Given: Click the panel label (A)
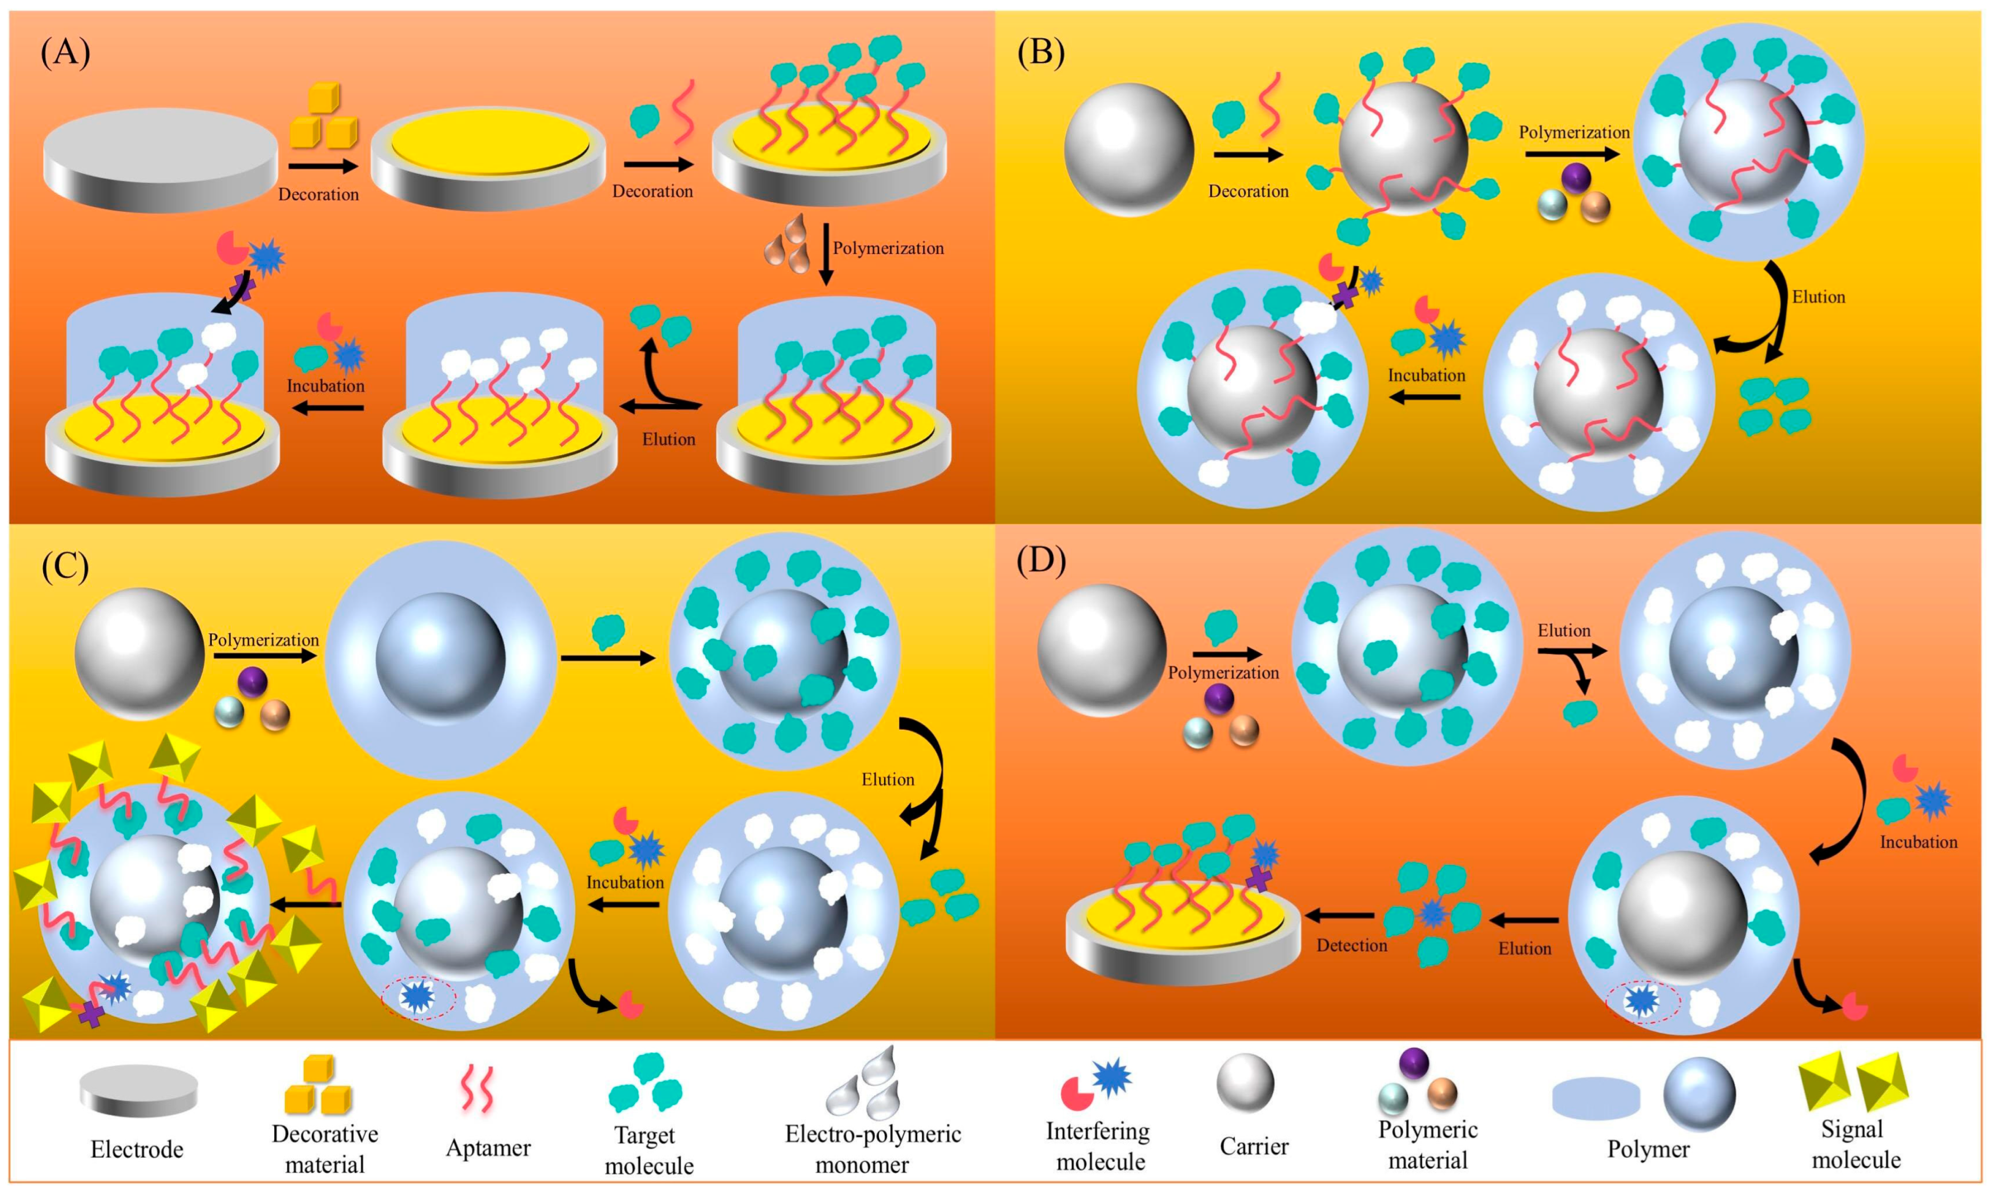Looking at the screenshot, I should pyautogui.click(x=65, y=53).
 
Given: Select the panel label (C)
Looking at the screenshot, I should pyautogui.click(x=65, y=566).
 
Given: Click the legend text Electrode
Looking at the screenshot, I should pyautogui.click(x=137, y=1149).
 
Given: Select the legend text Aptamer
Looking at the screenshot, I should pyautogui.click(x=488, y=1147).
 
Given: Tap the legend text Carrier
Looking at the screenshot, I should pyautogui.click(x=1254, y=1146).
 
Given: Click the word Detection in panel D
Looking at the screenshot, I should pyautogui.click(x=1351, y=945).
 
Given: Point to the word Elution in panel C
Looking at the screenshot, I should pyautogui.click(x=887, y=779).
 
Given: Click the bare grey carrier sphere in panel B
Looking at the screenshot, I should pyautogui.click(x=1128, y=150).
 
